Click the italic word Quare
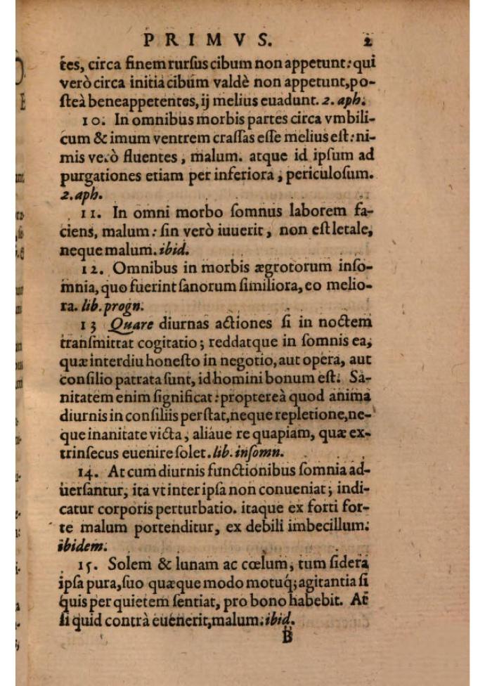[x=126, y=325]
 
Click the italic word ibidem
[x=83, y=544]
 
